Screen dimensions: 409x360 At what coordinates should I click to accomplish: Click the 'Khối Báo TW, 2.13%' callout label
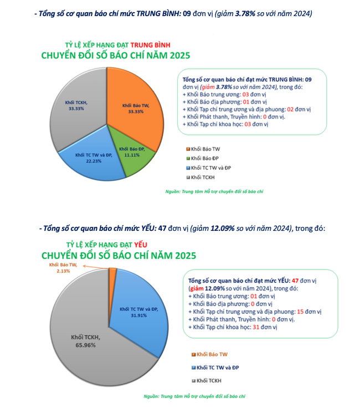click(62, 268)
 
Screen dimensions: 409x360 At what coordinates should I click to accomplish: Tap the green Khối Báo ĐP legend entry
click(205, 158)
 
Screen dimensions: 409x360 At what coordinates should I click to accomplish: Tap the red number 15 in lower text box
click(299, 312)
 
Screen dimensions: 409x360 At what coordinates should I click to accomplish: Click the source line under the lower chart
click(194, 396)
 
